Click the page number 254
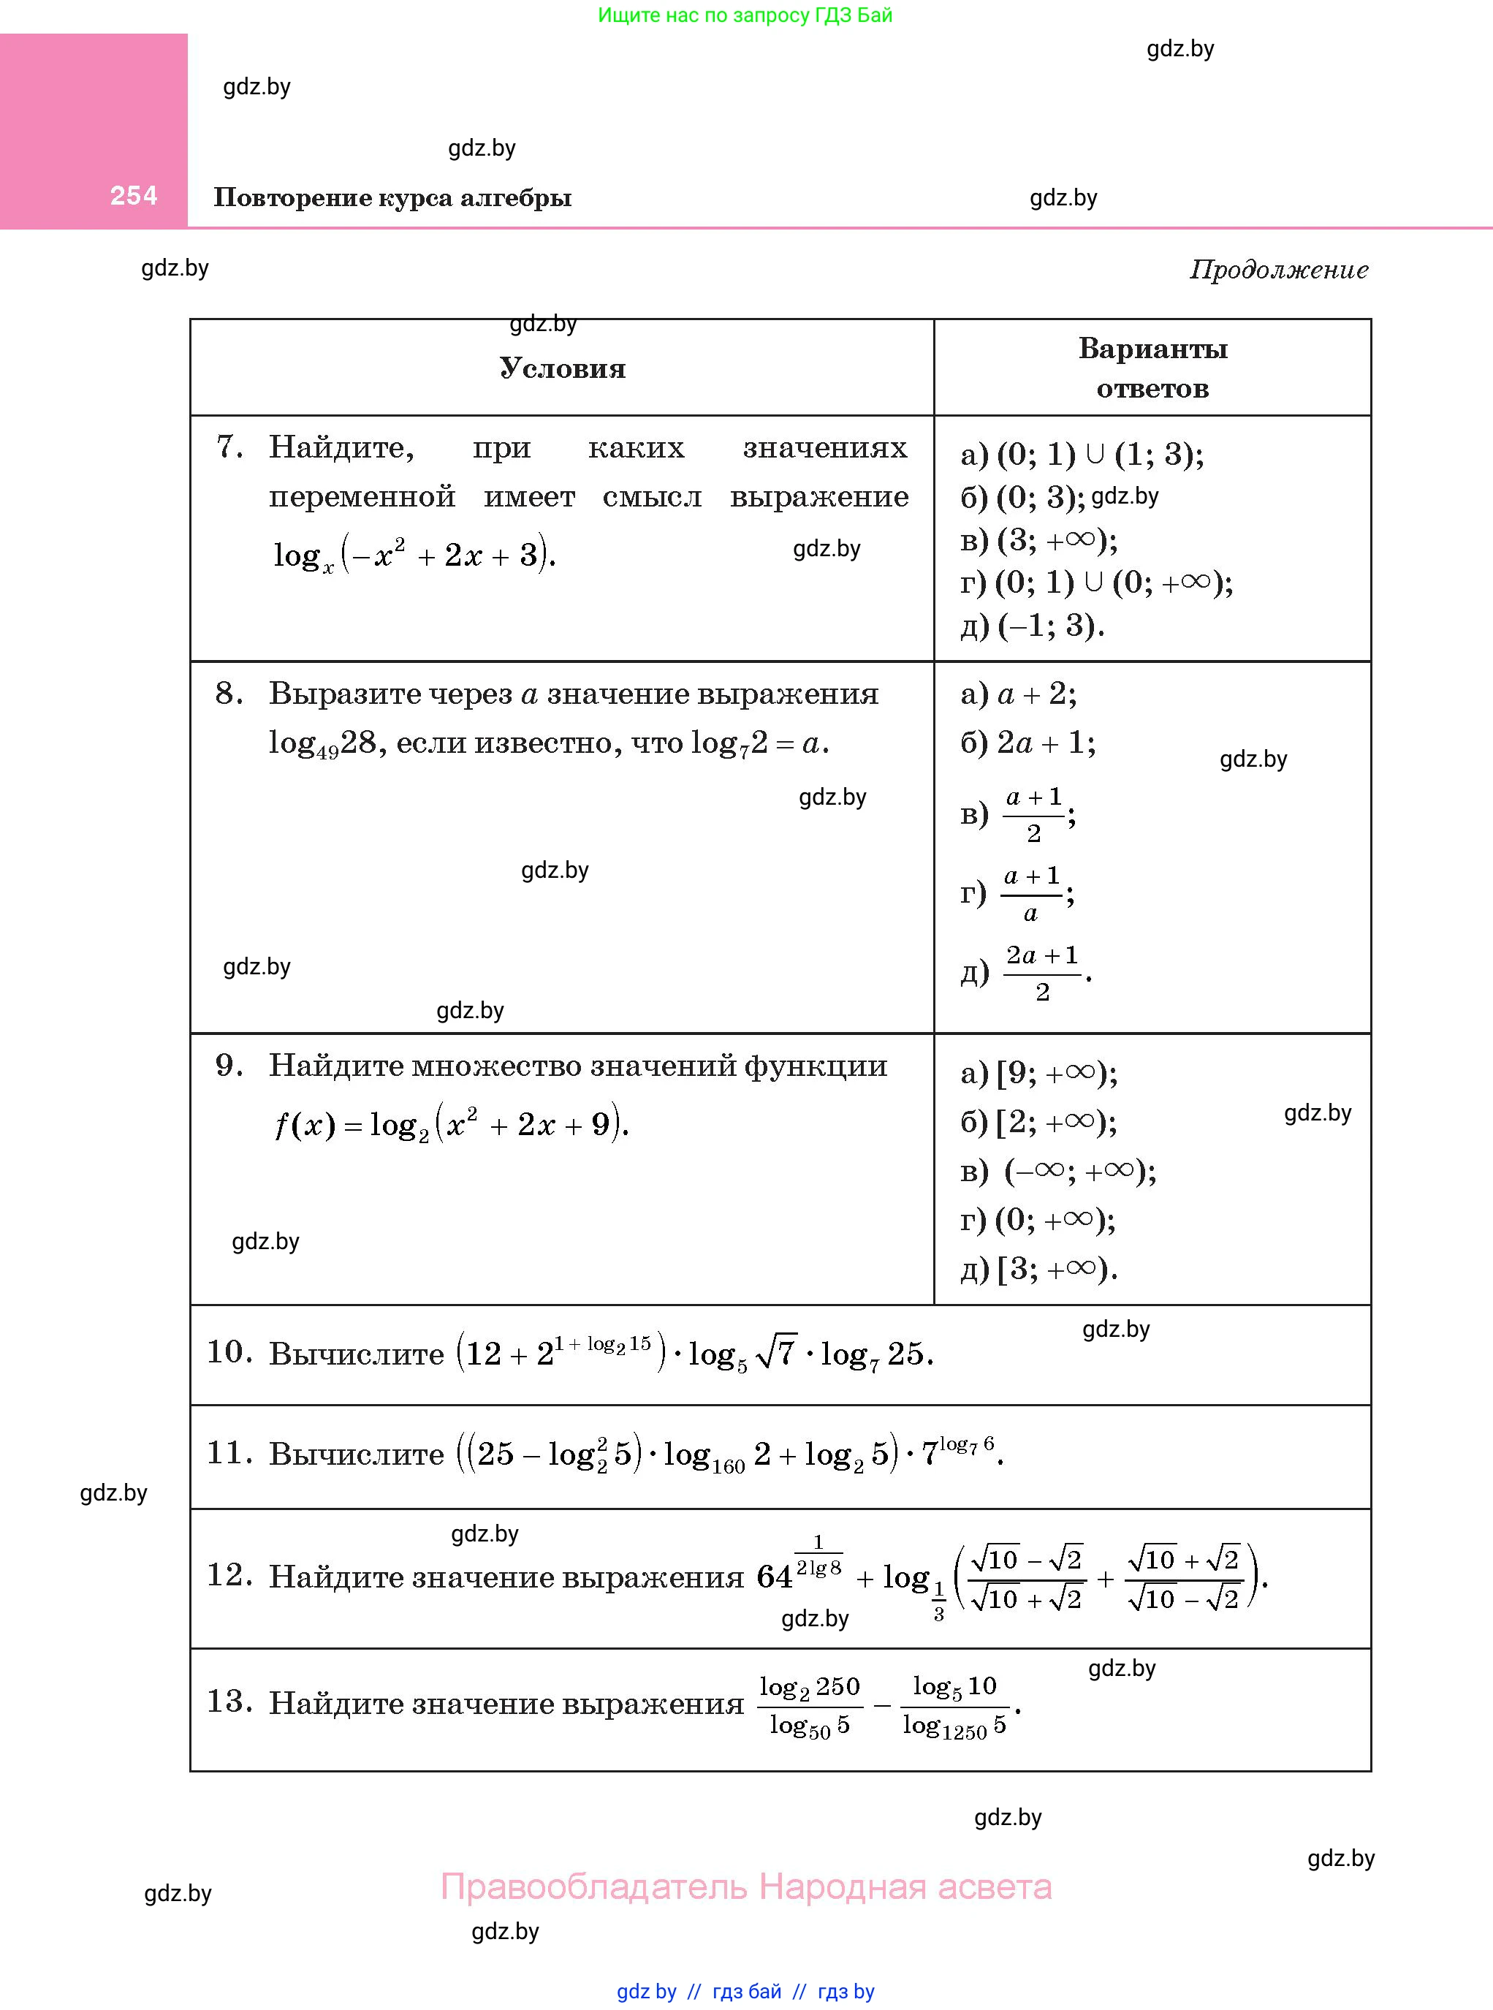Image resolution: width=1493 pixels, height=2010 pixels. [x=134, y=195]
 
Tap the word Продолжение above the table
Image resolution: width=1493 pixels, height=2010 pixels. [x=1278, y=269]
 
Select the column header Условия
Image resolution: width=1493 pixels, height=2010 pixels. [x=562, y=368]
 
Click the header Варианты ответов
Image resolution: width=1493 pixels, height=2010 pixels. [x=1152, y=368]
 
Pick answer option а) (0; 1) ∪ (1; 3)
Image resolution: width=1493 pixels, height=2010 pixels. [x=1082, y=455]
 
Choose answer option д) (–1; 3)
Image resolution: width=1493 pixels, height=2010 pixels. [x=1032, y=626]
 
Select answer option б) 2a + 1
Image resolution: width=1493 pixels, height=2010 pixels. [x=1027, y=743]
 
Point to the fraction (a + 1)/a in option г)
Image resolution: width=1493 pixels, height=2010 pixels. [x=1032, y=894]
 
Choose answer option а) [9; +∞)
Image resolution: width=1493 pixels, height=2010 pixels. [x=1038, y=1074]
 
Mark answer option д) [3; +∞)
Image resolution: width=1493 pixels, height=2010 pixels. [x=1038, y=1270]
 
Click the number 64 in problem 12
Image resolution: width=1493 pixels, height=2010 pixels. [x=775, y=1577]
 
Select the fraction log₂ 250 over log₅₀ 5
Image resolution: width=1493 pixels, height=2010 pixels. [x=810, y=1705]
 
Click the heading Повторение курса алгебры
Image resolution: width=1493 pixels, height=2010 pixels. [x=392, y=198]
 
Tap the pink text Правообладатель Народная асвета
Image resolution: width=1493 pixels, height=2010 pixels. [x=745, y=1887]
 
